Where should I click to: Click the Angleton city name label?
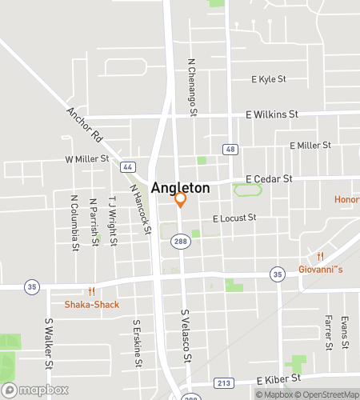pos(181,187)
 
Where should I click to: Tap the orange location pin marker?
pos(181,199)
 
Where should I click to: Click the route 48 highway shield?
pos(230,149)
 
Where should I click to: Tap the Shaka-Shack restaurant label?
pos(92,304)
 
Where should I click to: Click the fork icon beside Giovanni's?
pos(320,256)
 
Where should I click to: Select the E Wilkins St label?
pos(273,115)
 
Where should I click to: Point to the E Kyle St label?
pos(268,79)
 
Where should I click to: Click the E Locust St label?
pos(234,218)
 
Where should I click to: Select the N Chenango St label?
pos(192,87)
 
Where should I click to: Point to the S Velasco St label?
pos(185,335)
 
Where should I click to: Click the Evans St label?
pos(346,333)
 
